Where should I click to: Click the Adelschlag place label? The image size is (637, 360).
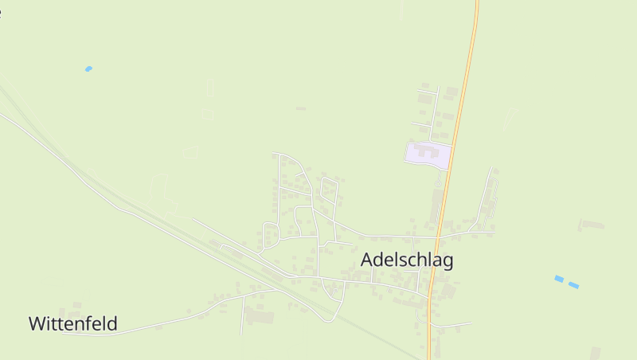[407, 260]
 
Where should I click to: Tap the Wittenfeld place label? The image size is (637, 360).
[73, 324]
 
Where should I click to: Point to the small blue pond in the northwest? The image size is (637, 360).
[88, 69]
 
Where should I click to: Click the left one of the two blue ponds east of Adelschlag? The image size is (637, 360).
[559, 279]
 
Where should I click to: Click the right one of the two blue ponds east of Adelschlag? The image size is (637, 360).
[573, 284]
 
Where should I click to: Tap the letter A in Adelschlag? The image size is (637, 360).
[368, 260]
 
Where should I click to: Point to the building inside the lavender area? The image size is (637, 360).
[426, 150]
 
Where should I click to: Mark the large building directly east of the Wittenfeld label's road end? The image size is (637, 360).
[259, 317]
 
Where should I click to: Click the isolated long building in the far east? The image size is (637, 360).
[592, 224]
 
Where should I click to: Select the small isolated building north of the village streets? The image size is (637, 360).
[300, 108]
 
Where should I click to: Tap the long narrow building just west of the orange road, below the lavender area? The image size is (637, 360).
[436, 205]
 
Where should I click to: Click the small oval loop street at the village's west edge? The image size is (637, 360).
[271, 236]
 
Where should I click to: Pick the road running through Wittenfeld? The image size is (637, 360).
[159, 325]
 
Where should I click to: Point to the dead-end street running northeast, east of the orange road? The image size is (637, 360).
[485, 195]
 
